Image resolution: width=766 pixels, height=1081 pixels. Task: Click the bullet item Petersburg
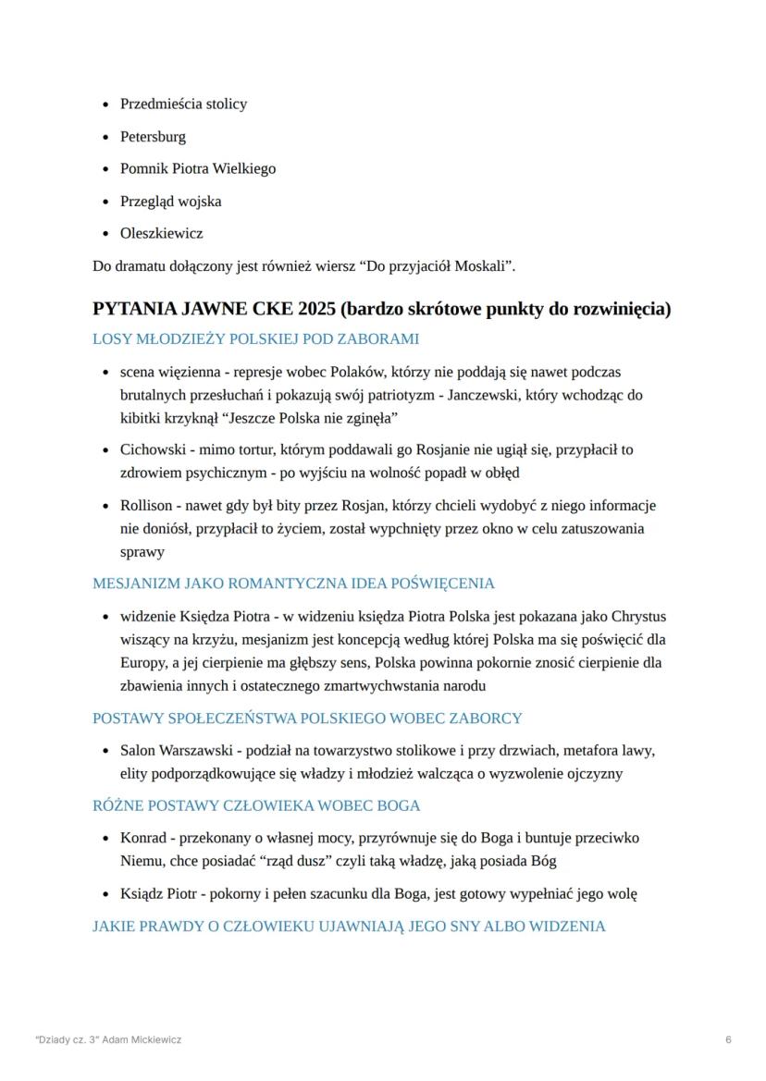(153, 137)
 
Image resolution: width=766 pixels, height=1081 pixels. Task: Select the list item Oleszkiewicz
(161, 234)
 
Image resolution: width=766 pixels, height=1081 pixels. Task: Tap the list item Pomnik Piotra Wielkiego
(197, 169)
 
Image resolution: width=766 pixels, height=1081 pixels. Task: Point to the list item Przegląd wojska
(170, 202)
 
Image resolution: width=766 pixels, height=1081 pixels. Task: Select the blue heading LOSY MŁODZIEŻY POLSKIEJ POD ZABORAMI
(255, 339)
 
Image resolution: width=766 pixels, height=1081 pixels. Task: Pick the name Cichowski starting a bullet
(150, 450)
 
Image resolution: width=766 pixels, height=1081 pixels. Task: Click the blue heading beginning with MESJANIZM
(293, 583)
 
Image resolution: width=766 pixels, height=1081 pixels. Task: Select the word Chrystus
(638, 617)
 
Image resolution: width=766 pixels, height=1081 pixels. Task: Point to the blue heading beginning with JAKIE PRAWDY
(349, 926)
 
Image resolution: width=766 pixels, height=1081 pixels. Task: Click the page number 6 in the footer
(729, 1039)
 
